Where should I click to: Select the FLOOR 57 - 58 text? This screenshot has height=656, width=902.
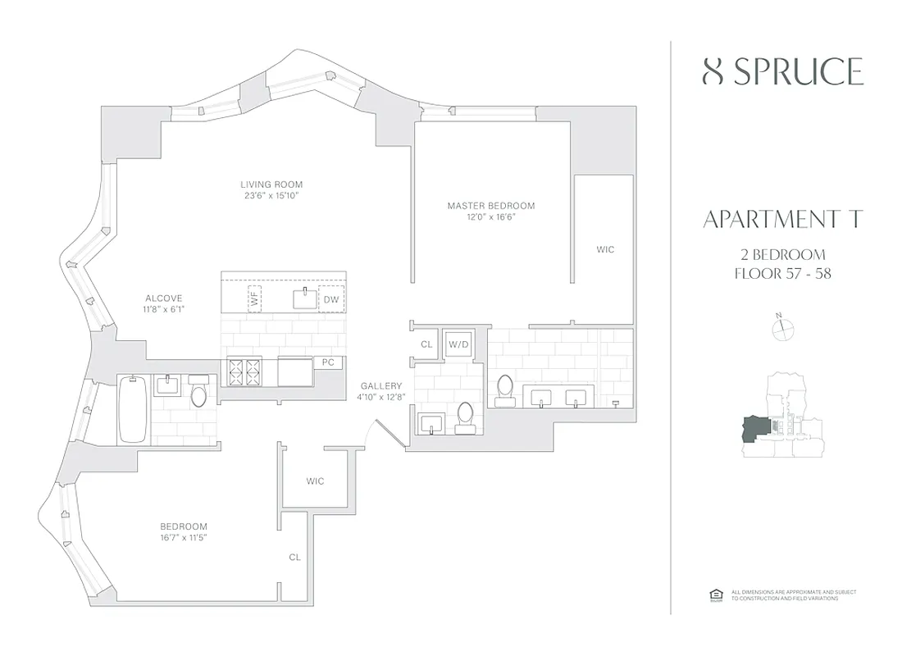782,274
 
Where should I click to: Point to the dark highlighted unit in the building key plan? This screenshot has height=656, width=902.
755,429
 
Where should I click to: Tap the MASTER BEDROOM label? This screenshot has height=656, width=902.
490,205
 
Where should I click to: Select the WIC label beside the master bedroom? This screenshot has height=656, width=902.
605,249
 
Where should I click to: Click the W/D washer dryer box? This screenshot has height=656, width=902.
458,344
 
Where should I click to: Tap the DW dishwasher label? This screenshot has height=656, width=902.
330,300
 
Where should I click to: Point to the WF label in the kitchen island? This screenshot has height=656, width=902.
254,300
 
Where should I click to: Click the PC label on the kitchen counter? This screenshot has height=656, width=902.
328,362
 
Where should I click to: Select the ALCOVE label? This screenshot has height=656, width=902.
164,298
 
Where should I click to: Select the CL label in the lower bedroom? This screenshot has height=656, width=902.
294,557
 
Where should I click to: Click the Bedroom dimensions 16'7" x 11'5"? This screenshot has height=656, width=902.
183,538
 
